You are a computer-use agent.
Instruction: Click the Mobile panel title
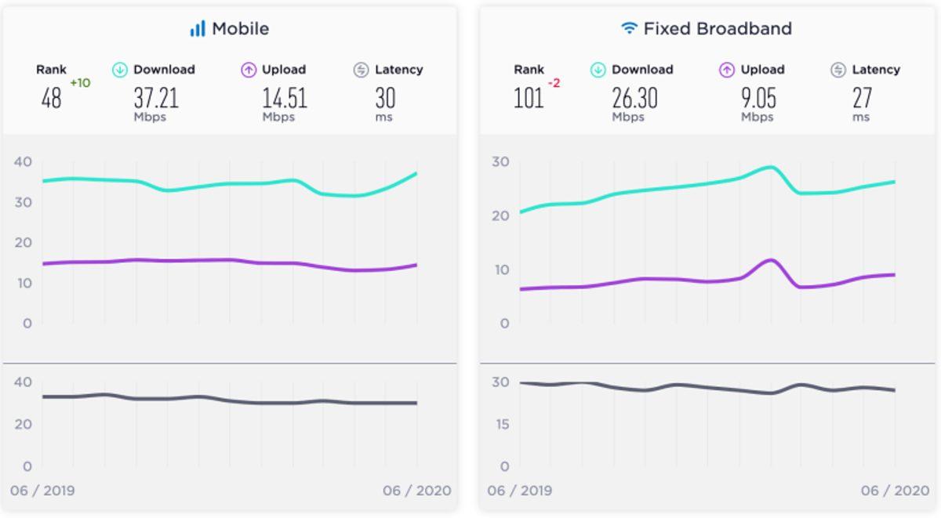240,29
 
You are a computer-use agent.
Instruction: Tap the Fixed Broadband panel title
717,29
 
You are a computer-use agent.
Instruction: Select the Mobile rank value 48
51,99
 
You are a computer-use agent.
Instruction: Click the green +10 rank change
80,83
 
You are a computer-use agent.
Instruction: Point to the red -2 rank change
554,83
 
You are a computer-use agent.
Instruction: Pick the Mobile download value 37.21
155,98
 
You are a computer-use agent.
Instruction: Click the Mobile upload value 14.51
284,98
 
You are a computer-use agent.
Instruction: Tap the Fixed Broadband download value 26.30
634,98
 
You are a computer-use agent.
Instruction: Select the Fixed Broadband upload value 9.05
758,98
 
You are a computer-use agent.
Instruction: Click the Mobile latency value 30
384,98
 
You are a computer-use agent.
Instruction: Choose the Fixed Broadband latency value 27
862,98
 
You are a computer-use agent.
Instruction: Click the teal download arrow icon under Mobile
120,70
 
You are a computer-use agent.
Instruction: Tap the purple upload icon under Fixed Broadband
726,70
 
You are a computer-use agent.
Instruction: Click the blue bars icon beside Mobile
197,29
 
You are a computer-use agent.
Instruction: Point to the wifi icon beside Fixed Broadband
628,29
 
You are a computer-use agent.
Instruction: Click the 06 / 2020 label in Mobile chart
416,491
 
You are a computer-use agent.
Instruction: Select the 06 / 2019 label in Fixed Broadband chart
519,491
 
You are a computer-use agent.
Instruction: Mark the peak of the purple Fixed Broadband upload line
771,259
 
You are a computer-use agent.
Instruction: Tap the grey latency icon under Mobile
361,70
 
